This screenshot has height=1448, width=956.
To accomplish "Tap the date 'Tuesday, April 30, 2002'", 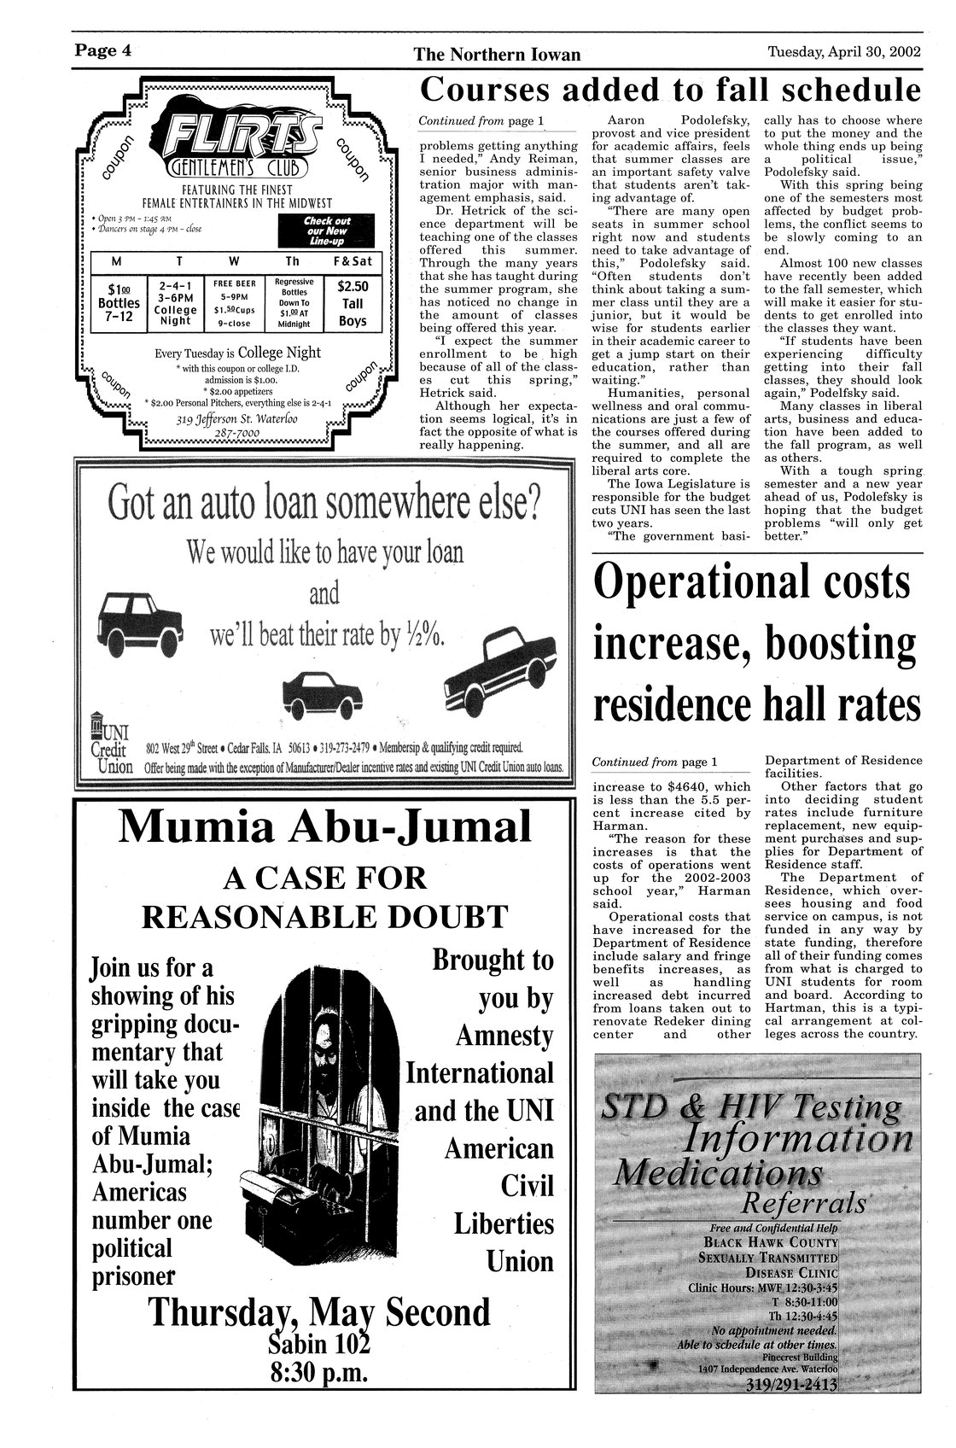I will click(845, 51).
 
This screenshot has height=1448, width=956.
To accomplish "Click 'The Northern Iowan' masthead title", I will click(497, 55).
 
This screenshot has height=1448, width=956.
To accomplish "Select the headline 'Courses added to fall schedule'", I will click(672, 90).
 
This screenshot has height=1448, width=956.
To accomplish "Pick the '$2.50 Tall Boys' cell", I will click(353, 304).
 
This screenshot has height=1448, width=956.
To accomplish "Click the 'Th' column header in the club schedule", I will click(292, 260).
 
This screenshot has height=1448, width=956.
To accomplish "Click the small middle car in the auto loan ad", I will click(321, 687).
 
